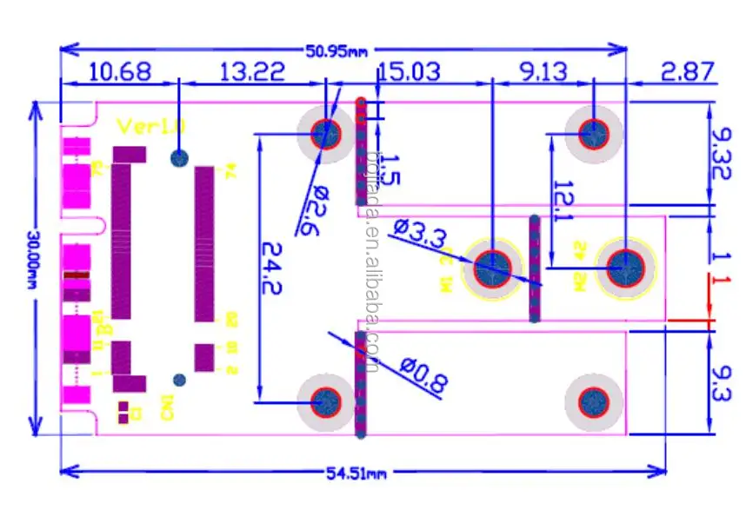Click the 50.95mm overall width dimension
(x=336, y=50)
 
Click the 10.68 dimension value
(x=120, y=71)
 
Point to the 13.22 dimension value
(x=252, y=71)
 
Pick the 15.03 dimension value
(x=410, y=71)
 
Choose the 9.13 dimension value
(x=544, y=71)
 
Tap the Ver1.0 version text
(x=151, y=126)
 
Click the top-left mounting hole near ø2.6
(x=326, y=134)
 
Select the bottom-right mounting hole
(x=594, y=402)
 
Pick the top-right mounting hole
(x=594, y=134)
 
